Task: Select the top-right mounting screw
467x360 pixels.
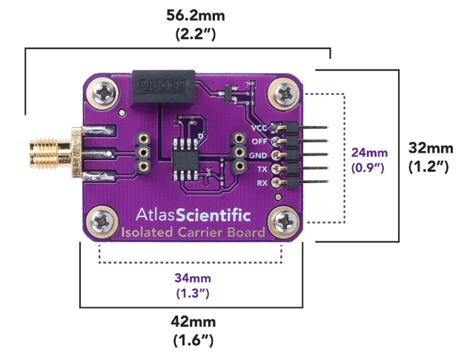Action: [286, 93]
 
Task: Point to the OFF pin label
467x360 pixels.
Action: [259, 141]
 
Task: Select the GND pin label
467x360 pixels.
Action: [258, 155]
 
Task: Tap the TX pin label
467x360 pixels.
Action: [261, 169]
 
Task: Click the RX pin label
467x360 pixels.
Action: [261, 182]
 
